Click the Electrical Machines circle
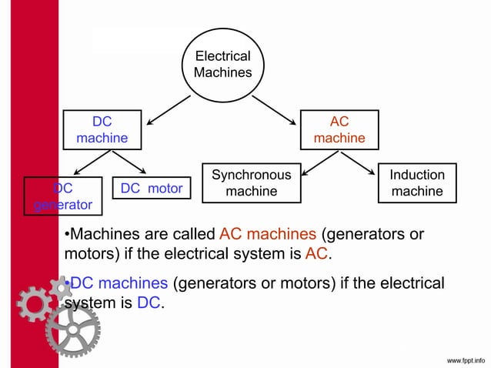(222, 65)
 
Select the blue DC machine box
(102, 130)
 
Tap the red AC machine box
(339, 130)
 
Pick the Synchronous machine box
(251, 182)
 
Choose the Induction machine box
(417, 182)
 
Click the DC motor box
(152, 189)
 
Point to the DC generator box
(62, 196)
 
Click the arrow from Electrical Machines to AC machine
(274, 109)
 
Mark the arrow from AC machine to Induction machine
(357, 163)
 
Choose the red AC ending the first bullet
(317, 253)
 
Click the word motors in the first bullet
(87, 253)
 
